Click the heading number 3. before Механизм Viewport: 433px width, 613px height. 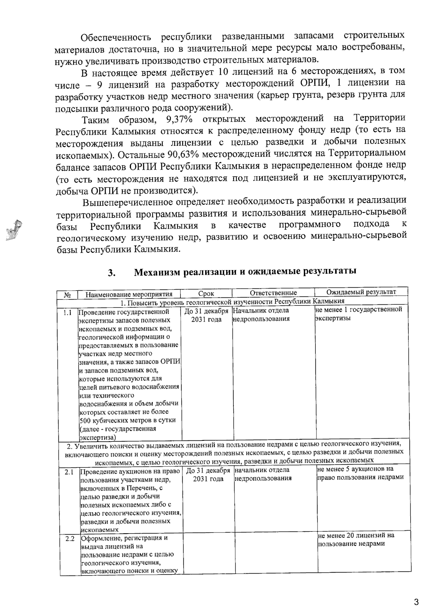tap(111, 273)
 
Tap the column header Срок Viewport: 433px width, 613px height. tap(206, 294)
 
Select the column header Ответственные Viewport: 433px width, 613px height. tap(273, 293)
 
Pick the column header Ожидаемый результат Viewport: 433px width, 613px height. tap(361, 292)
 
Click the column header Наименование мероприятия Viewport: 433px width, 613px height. tap(129, 294)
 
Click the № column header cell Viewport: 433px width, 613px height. tap(67, 295)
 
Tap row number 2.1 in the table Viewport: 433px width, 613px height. tap(69, 472)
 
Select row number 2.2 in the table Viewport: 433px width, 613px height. tap(70, 539)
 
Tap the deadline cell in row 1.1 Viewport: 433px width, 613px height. tap(206, 315)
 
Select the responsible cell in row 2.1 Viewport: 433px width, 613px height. tap(263, 474)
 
